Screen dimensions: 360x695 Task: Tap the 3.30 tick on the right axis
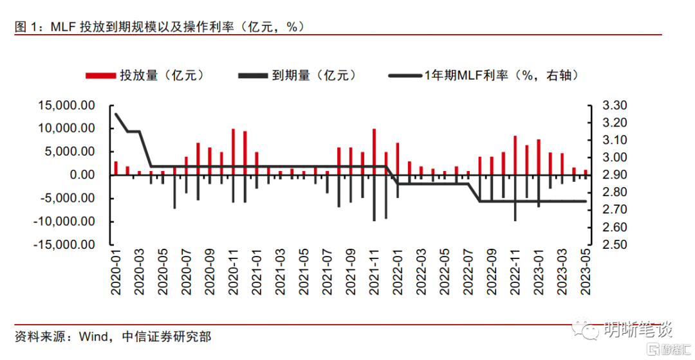[614, 105]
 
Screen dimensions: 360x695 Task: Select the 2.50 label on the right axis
[614, 245]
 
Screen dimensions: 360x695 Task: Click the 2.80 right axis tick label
[614, 192]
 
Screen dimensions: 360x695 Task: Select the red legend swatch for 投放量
[95, 76]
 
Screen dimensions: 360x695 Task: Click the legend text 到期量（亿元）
[313, 76]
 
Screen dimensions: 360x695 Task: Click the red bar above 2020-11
[233, 152]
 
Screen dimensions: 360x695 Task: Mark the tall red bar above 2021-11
[374, 152]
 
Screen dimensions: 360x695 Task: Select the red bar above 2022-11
[515, 155]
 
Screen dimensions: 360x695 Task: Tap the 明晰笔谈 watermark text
[637, 330]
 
